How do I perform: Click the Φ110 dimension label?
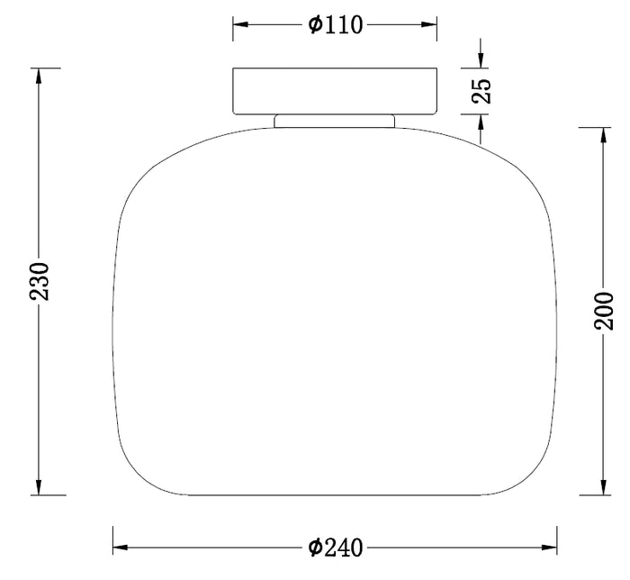[x=336, y=25]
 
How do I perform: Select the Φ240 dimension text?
[x=336, y=548]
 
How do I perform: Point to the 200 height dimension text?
[x=604, y=311]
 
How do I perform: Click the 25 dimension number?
[x=481, y=91]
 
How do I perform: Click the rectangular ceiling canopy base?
[x=335, y=91]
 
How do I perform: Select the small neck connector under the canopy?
[x=334, y=121]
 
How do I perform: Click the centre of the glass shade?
[x=335, y=311]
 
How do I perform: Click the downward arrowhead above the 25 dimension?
[x=481, y=60]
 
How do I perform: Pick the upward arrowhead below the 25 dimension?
[x=481, y=122]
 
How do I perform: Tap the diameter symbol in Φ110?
[x=315, y=25]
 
